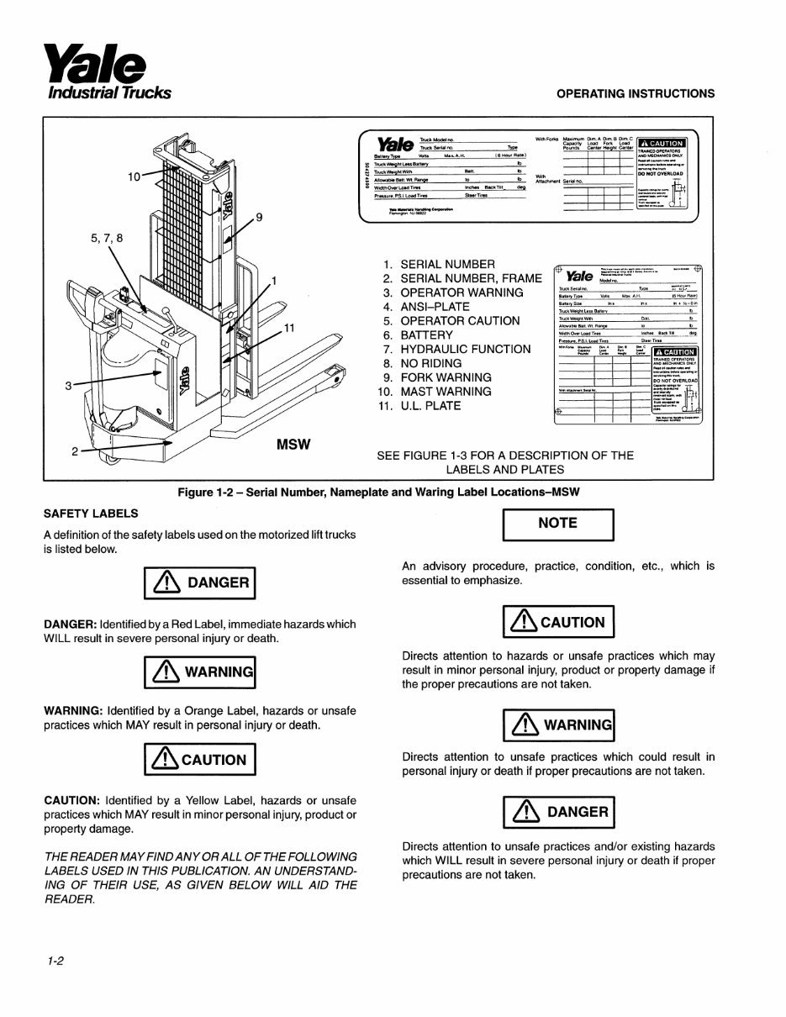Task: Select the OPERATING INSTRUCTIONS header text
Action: coord(636,93)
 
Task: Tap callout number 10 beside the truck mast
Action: coord(135,177)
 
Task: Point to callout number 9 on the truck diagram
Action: coord(259,218)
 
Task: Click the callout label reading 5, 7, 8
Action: coord(107,238)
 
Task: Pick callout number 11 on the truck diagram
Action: coord(288,328)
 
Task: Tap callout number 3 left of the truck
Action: coord(67,386)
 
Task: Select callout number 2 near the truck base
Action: coord(75,452)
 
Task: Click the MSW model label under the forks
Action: coord(293,444)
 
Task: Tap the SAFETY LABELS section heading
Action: coord(91,513)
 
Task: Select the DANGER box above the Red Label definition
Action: coord(199,582)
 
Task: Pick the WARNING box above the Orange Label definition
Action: coord(199,671)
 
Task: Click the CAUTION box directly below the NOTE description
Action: coord(558,622)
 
